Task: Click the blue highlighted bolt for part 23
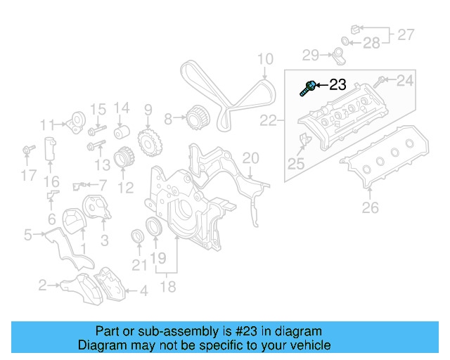click(x=307, y=88)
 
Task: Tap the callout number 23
click(x=337, y=85)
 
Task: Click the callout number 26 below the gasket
click(x=370, y=207)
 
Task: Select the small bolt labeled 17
click(x=28, y=150)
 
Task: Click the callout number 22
click(x=269, y=121)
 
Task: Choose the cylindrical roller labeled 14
click(x=122, y=132)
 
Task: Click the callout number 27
click(x=406, y=34)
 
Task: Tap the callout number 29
click(x=311, y=55)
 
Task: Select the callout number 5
click(x=27, y=235)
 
